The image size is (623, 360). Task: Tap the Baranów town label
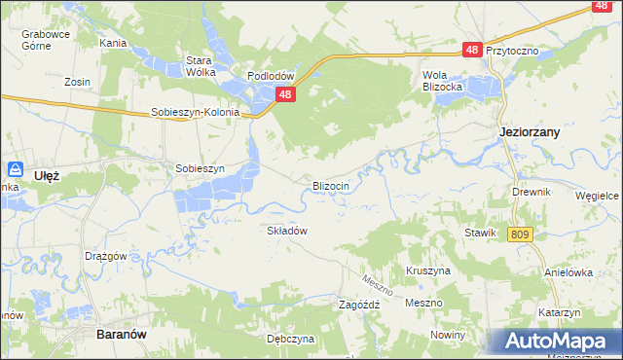(122, 333)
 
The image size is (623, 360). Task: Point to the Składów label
(287, 231)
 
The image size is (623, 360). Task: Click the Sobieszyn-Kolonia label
(195, 112)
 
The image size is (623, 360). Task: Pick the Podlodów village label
(271, 76)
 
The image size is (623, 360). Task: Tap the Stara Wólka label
(200, 65)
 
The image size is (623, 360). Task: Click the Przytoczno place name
(512, 50)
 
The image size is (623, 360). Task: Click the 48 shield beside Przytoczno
(472, 50)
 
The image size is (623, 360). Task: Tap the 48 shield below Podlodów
(285, 94)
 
